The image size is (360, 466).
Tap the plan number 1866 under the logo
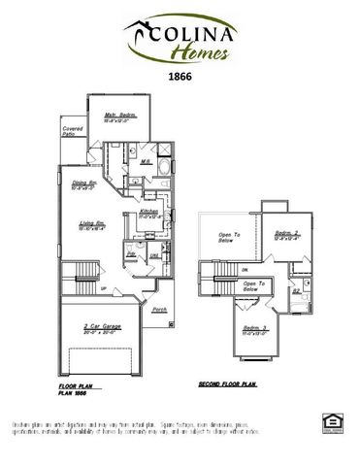180,74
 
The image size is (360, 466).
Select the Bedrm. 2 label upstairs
285,233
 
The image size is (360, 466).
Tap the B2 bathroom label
296,289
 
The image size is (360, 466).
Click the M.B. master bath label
145,161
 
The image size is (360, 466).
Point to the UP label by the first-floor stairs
104,288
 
